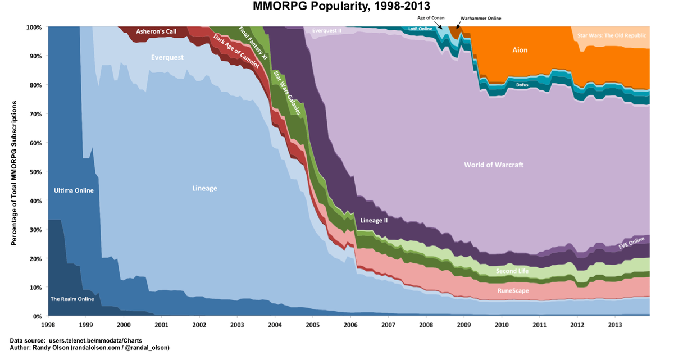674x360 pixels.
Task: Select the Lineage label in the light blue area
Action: pyautogui.click(x=204, y=189)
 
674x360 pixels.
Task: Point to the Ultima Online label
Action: pyautogui.click(x=74, y=190)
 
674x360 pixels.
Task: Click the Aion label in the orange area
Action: pyautogui.click(x=520, y=50)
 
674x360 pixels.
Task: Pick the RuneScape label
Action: pyautogui.click(x=513, y=291)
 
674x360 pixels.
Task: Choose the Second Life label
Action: pyautogui.click(x=514, y=272)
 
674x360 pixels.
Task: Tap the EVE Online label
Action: pyautogui.click(x=631, y=243)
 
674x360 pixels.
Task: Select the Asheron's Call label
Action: pyautogui.click(x=156, y=31)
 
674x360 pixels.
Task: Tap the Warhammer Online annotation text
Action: pyautogui.click(x=480, y=18)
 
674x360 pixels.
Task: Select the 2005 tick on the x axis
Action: pyautogui.click(x=312, y=325)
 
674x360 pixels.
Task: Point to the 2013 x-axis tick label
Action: pyautogui.click(x=615, y=325)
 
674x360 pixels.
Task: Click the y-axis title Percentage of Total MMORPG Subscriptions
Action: pyautogui.click(x=14, y=172)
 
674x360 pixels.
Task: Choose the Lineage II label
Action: pyautogui.click(x=374, y=220)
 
